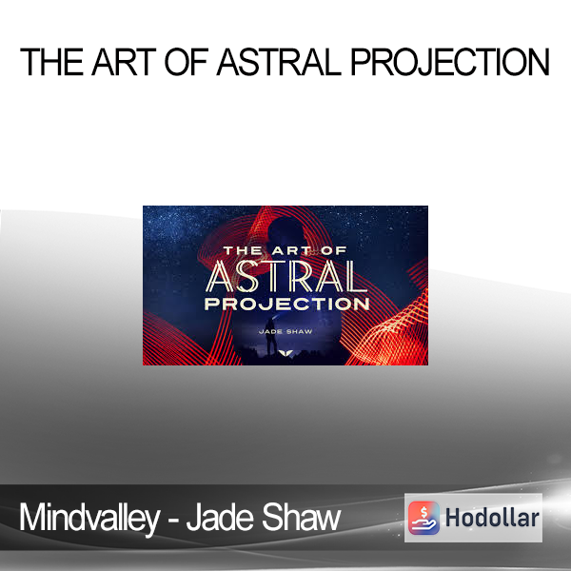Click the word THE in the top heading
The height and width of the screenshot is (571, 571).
click(51, 62)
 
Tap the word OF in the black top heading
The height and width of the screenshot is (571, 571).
click(187, 62)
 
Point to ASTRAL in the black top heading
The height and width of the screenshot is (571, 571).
click(279, 62)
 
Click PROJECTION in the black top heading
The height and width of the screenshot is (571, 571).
click(450, 62)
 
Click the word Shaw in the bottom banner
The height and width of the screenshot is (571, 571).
click(301, 518)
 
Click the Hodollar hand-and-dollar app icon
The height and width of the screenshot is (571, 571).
click(423, 518)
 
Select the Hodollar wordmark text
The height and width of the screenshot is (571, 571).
click(492, 518)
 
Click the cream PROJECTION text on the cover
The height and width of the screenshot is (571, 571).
click(287, 305)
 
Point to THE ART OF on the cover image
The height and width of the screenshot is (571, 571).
click(285, 250)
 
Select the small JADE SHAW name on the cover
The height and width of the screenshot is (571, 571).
click(285, 331)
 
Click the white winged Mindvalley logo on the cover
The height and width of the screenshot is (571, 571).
click(285, 352)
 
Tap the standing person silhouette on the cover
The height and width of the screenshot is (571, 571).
click(270, 337)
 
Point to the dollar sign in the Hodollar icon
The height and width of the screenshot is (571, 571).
click(423, 513)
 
